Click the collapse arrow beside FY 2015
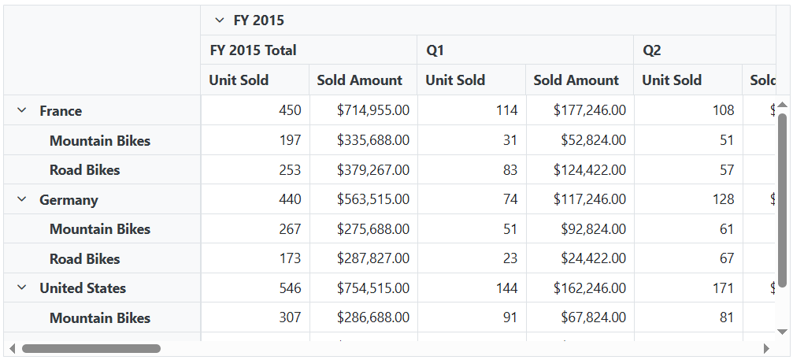click(220, 20)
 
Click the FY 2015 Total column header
click(253, 50)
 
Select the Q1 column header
click(435, 50)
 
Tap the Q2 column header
click(652, 50)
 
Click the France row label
click(61, 111)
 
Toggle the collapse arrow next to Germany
click(22, 200)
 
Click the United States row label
click(83, 288)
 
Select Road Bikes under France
click(85, 170)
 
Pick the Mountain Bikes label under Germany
click(100, 229)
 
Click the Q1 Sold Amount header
click(576, 80)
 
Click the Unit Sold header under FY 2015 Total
click(239, 80)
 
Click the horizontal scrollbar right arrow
click(766, 348)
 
